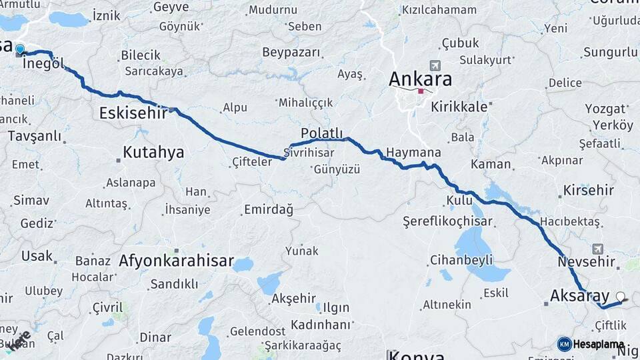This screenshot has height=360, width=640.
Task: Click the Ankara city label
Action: click(x=420, y=79)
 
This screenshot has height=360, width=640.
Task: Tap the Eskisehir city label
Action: click(x=133, y=113)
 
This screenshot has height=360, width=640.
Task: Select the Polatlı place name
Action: click(x=321, y=133)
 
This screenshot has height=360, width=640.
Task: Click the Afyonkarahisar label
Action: click(x=176, y=261)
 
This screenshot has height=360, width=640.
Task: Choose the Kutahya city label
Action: click(x=153, y=153)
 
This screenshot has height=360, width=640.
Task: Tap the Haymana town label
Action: click(x=413, y=153)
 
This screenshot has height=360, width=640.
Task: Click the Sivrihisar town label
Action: click(x=309, y=152)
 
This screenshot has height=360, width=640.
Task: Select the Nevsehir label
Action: click(x=585, y=261)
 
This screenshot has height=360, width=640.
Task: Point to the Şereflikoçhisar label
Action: click(x=447, y=221)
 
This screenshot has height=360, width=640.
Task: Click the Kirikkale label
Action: click(x=460, y=106)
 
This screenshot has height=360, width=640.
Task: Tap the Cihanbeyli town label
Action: click(x=461, y=259)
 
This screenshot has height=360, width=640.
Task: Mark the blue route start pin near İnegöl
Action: click(x=20, y=49)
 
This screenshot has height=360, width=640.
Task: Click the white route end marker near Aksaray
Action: click(x=621, y=297)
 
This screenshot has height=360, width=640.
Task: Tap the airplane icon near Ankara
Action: click(x=435, y=66)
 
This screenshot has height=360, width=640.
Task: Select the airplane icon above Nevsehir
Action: click(x=597, y=248)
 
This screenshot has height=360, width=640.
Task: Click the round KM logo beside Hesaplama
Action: click(x=564, y=344)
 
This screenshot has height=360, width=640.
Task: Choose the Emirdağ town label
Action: click(x=269, y=209)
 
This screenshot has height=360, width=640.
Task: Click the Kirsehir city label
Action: click(x=588, y=190)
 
